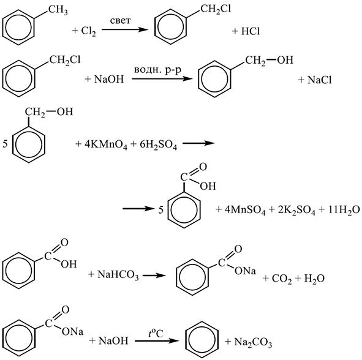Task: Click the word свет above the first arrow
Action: pos(120,21)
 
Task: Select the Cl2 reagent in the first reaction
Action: pos(88,31)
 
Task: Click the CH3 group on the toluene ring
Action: pos(58,10)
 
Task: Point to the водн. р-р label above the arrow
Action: pos(157,69)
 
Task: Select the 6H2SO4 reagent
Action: pos(159,144)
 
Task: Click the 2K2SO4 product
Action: pos(296,210)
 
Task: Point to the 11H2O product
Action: pos(343,210)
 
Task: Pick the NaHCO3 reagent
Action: pos(118,275)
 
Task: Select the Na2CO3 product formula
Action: pos(253,342)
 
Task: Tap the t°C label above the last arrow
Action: pos(156,333)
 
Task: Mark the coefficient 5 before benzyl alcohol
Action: pos(5,144)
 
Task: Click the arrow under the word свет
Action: pos(125,29)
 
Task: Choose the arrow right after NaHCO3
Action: pos(154,276)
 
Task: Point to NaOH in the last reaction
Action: pos(113,340)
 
